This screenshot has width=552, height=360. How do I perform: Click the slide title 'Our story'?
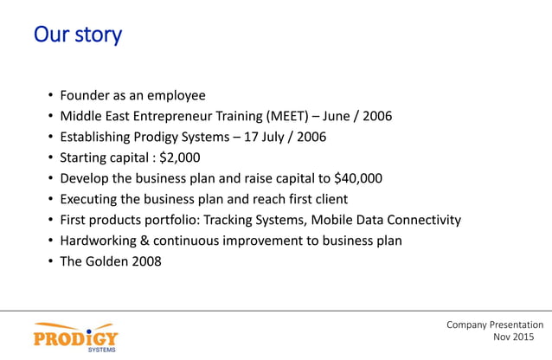[77, 35]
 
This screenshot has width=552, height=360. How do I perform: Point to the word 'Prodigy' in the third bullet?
[165, 137]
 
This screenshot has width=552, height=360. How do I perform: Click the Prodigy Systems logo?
[76, 336]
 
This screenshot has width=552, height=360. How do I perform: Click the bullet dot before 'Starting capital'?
[51, 157]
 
